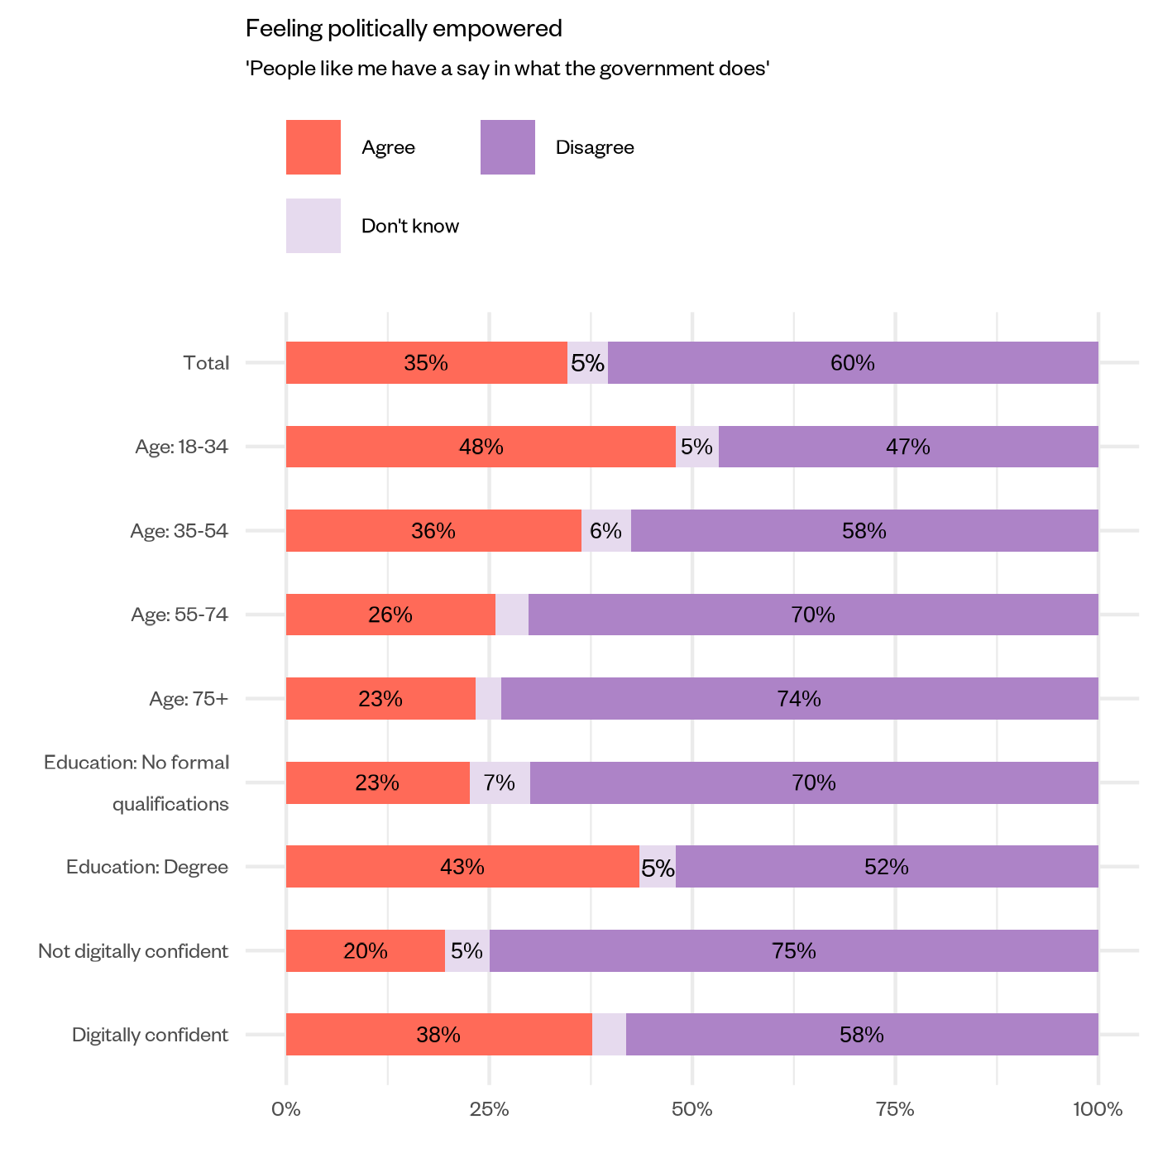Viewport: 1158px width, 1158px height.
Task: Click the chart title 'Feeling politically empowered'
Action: [404, 29]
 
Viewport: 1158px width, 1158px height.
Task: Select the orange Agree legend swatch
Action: [313, 147]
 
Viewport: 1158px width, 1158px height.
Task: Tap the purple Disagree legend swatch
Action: [507, 147]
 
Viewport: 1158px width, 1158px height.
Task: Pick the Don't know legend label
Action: [409, 227]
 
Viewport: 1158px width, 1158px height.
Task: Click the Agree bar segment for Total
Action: [426, 363]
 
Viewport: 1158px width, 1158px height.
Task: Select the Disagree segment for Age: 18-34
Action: [908, 447]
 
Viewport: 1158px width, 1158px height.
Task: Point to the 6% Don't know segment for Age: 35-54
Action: [605, 531]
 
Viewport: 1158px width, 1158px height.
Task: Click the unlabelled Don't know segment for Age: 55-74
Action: [512, 615]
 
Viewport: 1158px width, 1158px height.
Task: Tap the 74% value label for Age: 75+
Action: [798, 699]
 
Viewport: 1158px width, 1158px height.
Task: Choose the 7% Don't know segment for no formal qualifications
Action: [500, 782]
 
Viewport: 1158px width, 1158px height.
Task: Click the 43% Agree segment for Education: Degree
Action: [462, 867]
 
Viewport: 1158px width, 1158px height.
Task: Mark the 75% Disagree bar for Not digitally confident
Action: [794, 951]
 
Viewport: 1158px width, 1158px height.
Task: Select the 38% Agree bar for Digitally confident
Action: [438, 1035]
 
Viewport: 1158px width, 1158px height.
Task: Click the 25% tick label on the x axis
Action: [489, 1110]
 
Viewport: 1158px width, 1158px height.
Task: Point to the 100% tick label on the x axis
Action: [1097, 1110]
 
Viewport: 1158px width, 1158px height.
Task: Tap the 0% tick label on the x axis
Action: [286, 1110]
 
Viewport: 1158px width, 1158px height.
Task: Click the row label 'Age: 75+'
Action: [189, 699]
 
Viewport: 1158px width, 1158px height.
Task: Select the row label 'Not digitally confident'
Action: [133, 951]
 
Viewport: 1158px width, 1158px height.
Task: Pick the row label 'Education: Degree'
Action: [147, 867]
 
